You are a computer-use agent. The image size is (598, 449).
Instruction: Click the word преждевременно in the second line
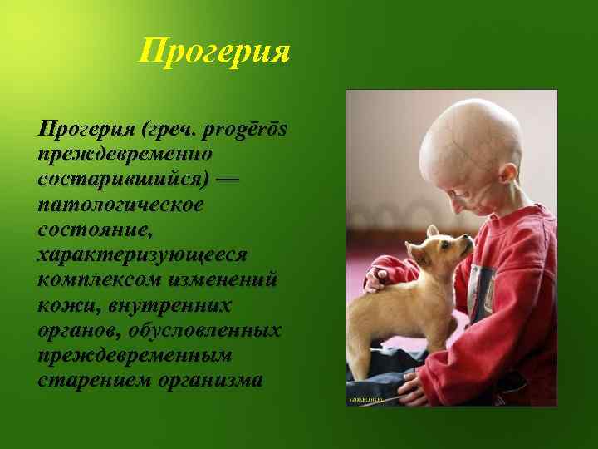pyautogui.click(x=125, y=155)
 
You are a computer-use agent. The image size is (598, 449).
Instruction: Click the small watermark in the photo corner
pyautogui.click(x=365, y=401)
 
